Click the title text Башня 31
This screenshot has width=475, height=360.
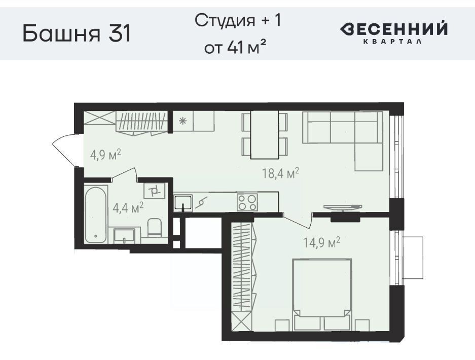[x=77, y=33]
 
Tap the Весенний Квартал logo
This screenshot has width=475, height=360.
[x=393, y=32]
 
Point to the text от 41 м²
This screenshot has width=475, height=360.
[x=232, y=47]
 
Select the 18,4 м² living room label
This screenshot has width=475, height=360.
[x=280, y=173]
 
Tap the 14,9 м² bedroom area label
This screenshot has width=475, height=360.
[x=322, y=242]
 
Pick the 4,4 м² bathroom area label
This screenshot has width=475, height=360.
[x=128, y=208]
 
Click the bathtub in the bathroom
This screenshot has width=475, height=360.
[x=96, y=214]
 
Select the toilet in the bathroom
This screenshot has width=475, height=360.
[x=155, y=227]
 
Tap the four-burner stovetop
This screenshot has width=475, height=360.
[x=247, y=202]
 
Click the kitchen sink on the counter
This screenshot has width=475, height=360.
[x=184, y=203]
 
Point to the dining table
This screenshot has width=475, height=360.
[x=265, y=134]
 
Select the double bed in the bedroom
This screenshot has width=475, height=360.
[x=322, y=294]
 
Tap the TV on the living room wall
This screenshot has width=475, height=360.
[x=343, y=208]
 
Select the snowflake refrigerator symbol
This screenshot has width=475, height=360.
[x=182, y=121]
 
